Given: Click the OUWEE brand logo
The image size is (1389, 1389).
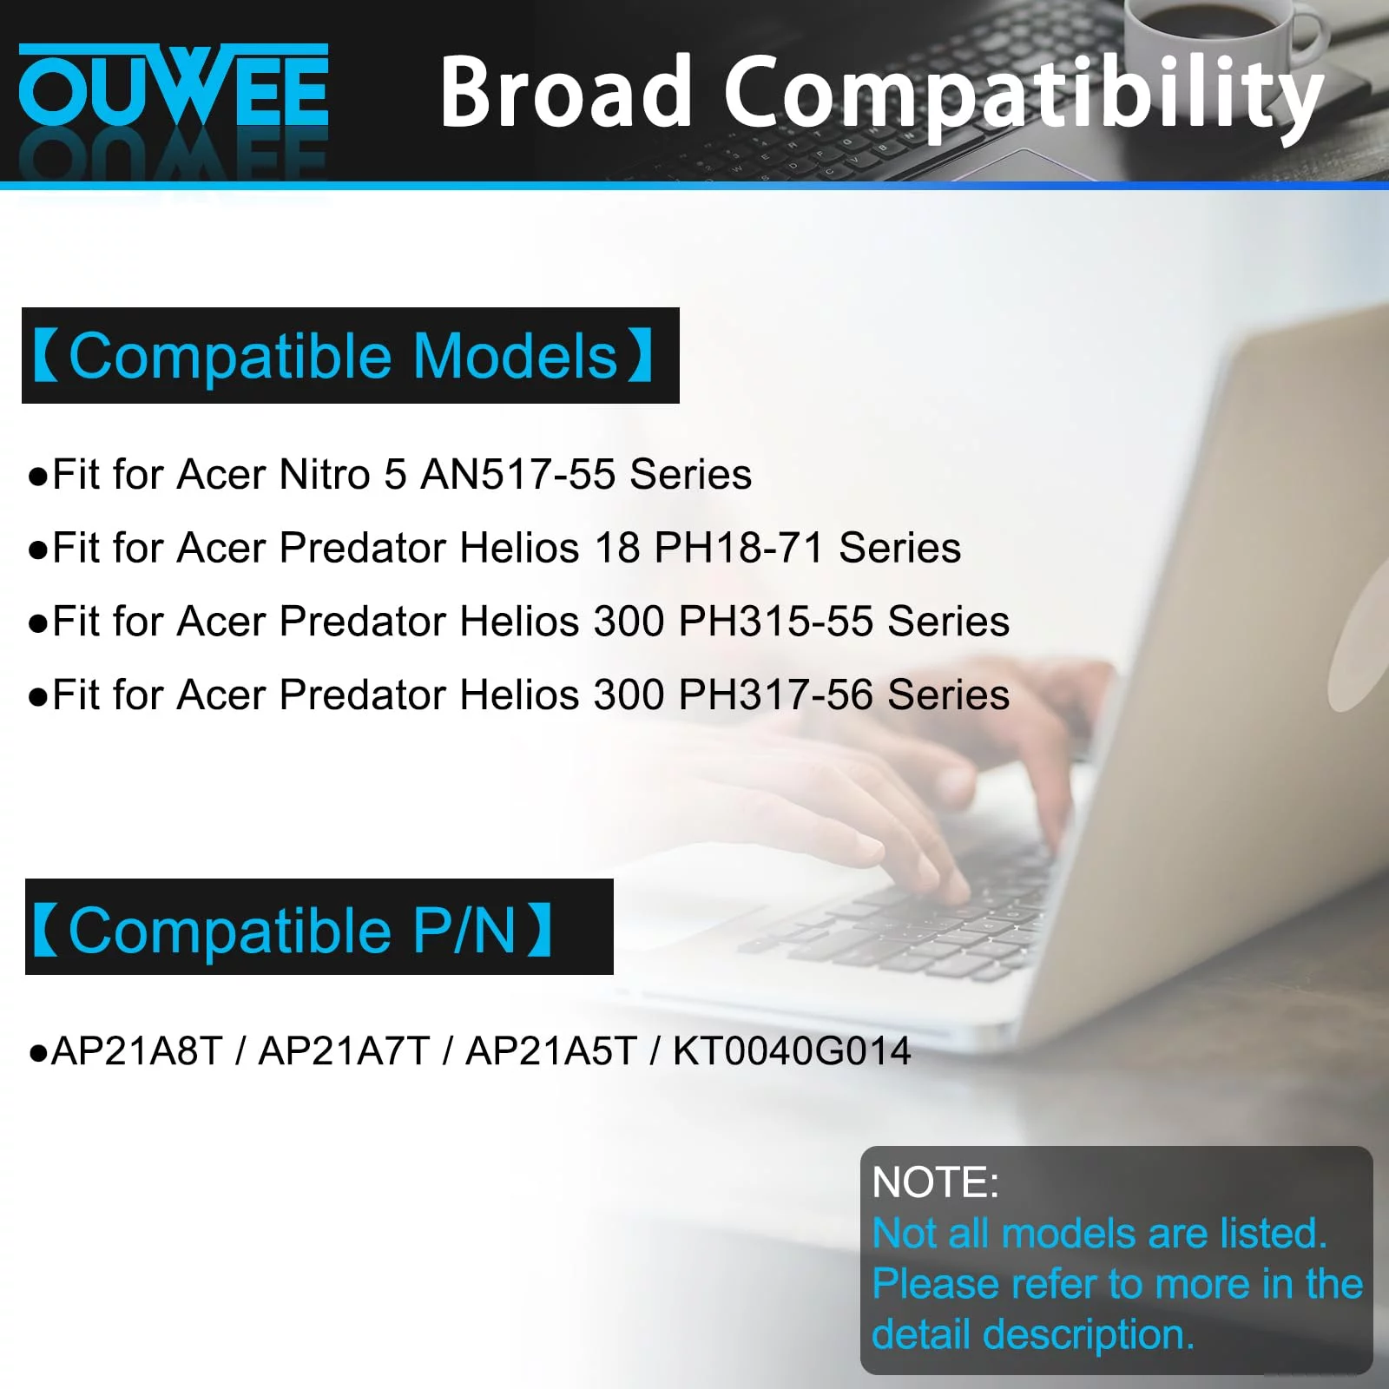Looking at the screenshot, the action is pos(174,85).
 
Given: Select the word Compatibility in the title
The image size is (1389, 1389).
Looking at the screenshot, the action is pos(1024,96).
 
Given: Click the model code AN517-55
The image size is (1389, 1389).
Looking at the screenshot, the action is pos(518,475).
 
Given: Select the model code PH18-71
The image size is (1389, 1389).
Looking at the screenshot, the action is pos(739,548).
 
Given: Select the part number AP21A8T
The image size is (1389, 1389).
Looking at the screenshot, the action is pos(137,1051).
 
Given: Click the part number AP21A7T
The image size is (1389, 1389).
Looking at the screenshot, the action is pos(345,1051).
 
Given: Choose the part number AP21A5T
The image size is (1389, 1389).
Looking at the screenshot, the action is pos(552,1051).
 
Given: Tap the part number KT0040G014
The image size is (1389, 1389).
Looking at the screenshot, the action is pos(792,1051).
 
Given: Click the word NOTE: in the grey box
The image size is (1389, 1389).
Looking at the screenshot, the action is pos(936,1182).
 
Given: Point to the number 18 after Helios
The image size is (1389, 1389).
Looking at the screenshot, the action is pos(617,548).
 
